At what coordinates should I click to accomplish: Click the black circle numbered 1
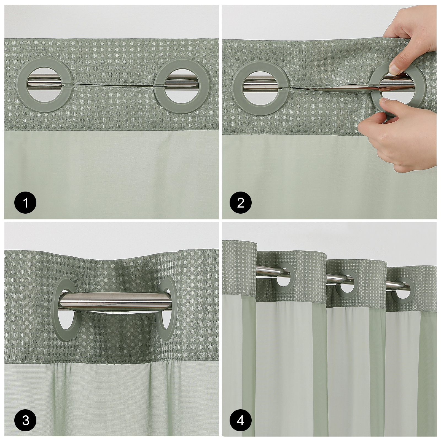(x=26, y=203)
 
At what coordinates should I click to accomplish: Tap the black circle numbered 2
(x=241, y=203)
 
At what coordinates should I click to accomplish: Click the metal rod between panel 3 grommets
(x=116, y=303)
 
